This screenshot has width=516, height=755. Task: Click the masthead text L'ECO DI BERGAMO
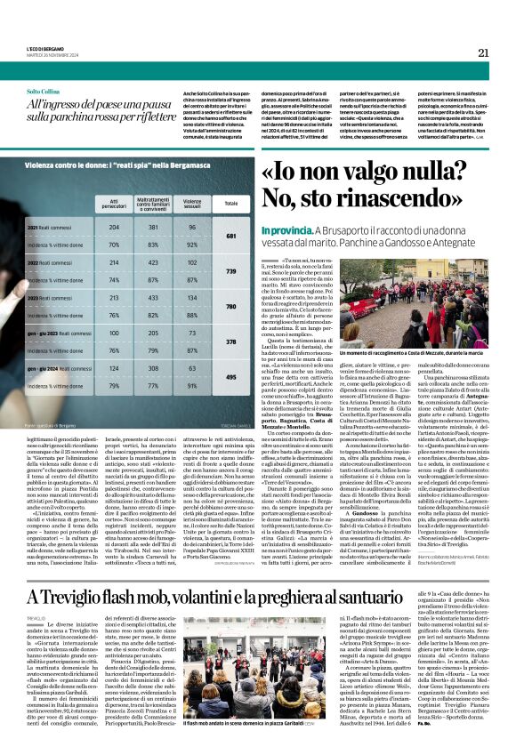coord(44,47)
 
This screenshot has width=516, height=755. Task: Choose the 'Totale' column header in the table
coord(232,202)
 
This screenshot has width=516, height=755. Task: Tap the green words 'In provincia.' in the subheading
coord(286,229)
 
